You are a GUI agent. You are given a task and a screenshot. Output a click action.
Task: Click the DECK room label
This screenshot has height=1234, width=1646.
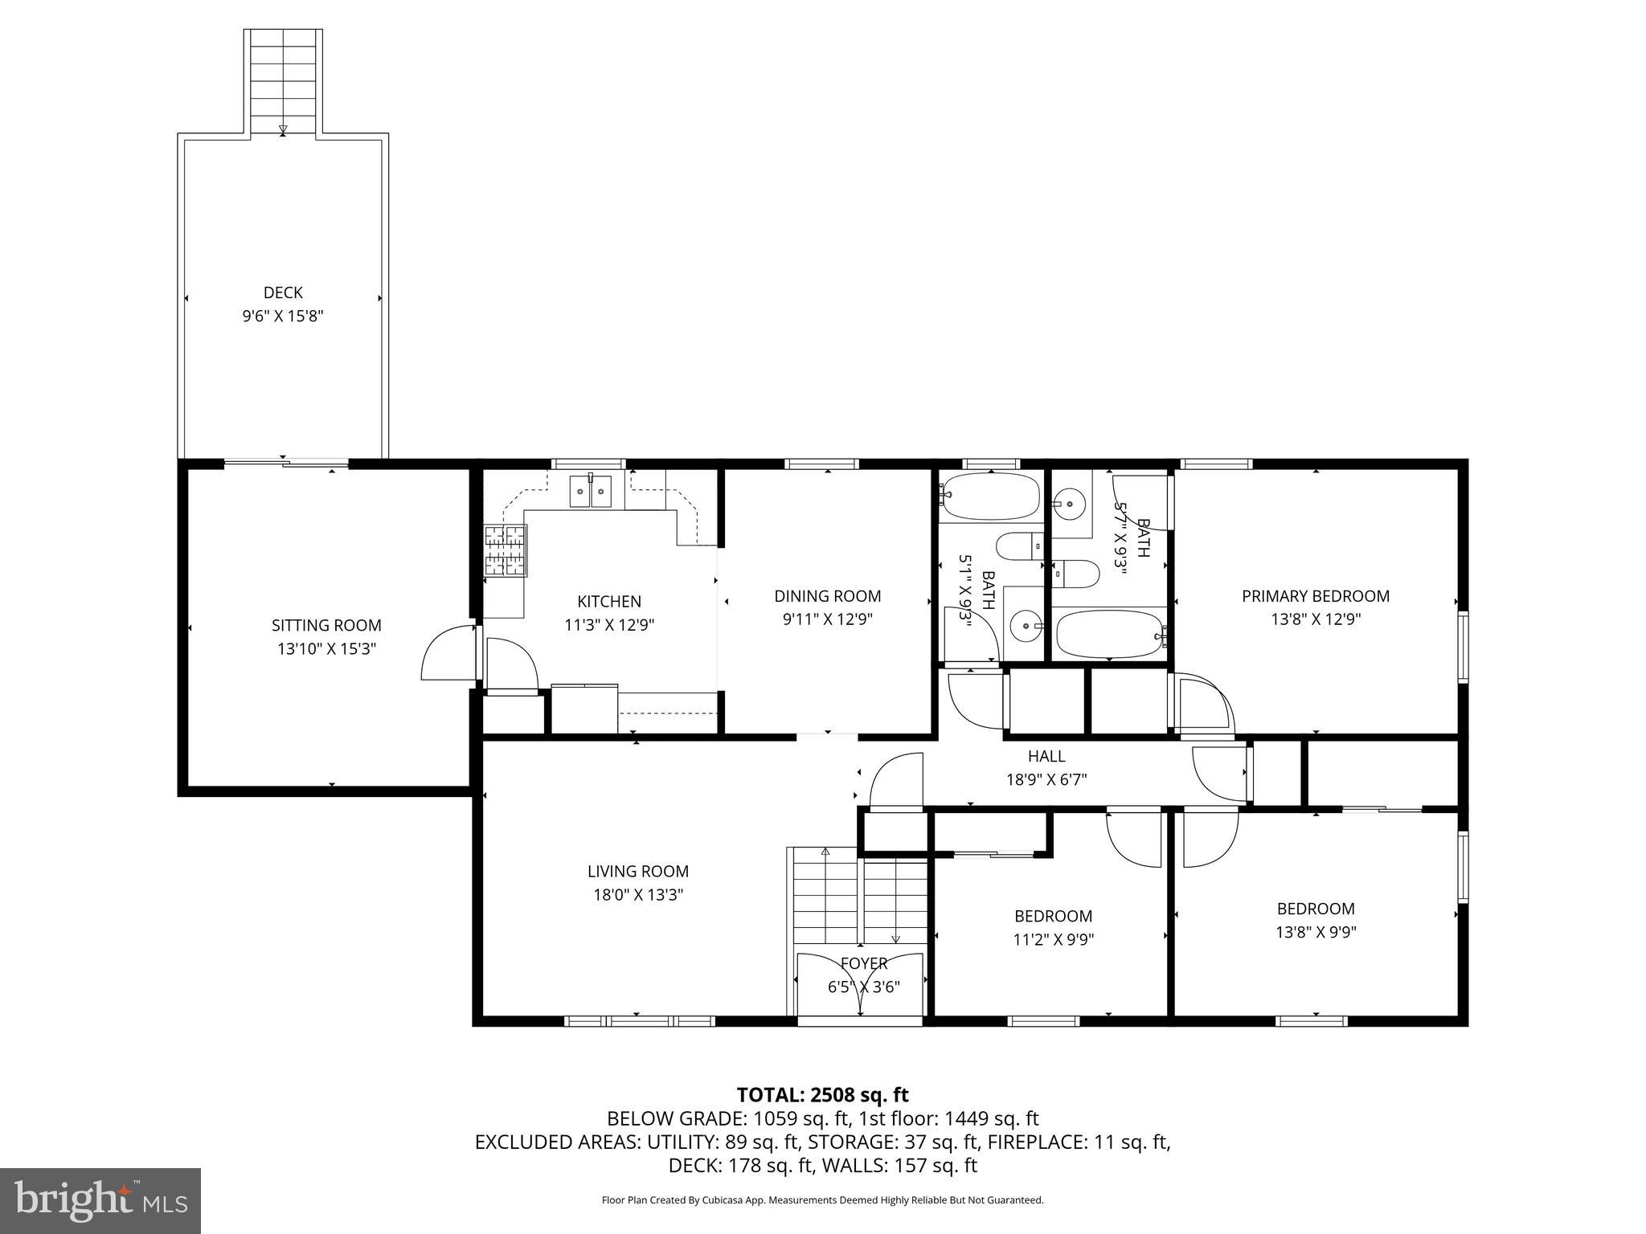(x=283, y=292)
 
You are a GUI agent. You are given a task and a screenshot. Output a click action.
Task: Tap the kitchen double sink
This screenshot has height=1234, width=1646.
(x=591, y=491)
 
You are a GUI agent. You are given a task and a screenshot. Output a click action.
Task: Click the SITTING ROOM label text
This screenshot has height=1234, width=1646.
(x=326, y=625)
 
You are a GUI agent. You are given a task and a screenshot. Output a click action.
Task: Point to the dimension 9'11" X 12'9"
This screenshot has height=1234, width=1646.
(x=827, y=619)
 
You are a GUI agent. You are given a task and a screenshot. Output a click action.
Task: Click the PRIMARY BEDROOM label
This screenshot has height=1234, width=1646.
(x=1315, y=596)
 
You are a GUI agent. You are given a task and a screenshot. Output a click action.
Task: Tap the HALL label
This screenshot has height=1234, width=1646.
(x=1046, y=756)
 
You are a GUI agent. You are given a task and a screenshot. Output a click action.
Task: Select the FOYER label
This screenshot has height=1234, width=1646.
(x=864, y=963)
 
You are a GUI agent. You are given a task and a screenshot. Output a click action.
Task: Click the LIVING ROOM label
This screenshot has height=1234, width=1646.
(x=638, y=871)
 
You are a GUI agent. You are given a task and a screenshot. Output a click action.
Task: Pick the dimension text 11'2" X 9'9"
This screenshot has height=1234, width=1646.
(x=1053, y=939)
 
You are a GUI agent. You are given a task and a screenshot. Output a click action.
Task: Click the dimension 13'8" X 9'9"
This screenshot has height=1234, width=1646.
(x=1316, y=932)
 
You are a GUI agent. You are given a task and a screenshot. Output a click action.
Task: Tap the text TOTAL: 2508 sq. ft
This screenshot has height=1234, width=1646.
(x=822, y=1094)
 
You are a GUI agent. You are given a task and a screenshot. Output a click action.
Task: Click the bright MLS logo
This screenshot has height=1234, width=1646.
(x=100, y=1201)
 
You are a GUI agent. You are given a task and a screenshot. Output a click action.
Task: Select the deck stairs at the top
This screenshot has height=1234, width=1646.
(x=283, y=80)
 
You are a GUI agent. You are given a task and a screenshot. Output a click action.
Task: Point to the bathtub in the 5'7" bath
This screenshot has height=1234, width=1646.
(x=1109, y=634)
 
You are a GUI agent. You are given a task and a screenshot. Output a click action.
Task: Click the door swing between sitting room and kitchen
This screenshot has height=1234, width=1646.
(x=448, y=652)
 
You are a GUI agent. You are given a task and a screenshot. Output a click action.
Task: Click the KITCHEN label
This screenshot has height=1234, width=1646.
(x=609, y=601)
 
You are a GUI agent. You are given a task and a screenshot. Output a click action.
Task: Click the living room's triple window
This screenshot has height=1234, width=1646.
(x=639, y=1021)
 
